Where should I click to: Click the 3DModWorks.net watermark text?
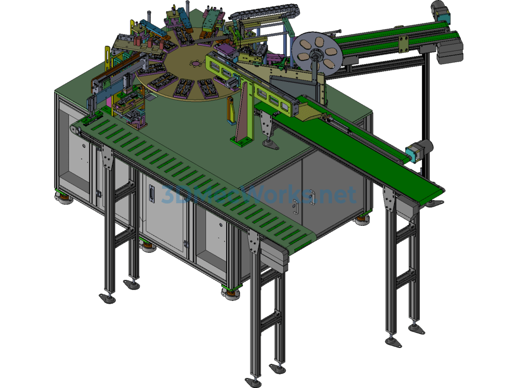coord(258,195)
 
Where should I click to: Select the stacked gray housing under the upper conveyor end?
coord(449,52)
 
